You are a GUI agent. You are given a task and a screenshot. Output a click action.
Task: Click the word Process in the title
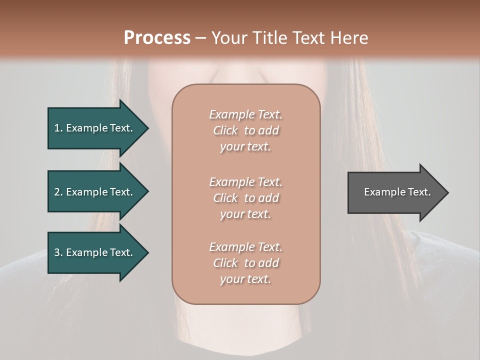click(x=157, y=38)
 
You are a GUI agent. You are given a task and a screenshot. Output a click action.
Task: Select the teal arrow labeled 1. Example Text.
click(x=95, y=128)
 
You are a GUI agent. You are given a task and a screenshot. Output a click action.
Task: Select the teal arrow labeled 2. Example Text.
click(x=95, y=192)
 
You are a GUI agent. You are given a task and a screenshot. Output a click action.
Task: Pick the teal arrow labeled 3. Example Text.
click(x=95, y=252)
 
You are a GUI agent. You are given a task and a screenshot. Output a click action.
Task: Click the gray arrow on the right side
click(x=395, y=192)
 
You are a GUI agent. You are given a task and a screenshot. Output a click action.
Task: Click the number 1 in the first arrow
click(x=57, y=128)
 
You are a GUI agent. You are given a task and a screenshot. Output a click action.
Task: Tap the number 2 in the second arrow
click(x=57, y=192)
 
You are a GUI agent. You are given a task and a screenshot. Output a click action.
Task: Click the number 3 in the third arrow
click(x=57, y=252)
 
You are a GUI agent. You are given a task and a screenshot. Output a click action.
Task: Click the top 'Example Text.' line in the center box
click(x=245, y=114)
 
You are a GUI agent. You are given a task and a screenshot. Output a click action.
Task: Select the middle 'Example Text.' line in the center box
click(x=245, y=181)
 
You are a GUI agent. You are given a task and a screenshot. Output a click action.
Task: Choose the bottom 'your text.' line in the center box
click(x=245, y=279)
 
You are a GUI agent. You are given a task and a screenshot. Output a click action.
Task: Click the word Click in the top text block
click(x=225, y=130)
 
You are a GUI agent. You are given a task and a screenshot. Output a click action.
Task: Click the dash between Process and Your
click(x=200, y=38)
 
